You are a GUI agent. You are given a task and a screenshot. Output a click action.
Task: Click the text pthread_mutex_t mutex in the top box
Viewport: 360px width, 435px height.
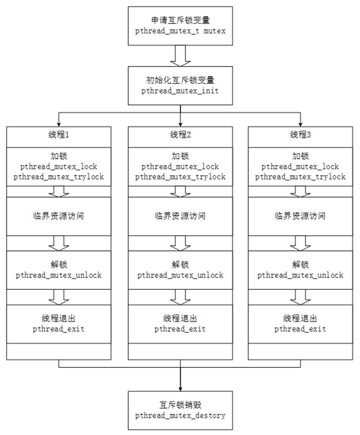pyautogui.click(x=180, y=31)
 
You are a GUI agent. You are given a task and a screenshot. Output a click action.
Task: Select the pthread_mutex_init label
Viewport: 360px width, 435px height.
pyautogui.click(x=180, y=91)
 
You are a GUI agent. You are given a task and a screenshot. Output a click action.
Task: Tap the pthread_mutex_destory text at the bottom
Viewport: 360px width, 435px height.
pyautogui.click(x=180, y=415)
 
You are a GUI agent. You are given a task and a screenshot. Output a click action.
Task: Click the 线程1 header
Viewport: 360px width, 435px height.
pyautogui.click(x=59, y=135)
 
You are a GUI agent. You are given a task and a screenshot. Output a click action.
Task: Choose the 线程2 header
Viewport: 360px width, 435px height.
pyautogui.click(x=180, y=135)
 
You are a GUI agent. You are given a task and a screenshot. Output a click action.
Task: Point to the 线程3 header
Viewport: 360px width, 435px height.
pyautogui.click(x=300, y=135)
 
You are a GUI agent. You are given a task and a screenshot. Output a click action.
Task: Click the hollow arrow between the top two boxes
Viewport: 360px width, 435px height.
pyautogui.click(x=180, y=56)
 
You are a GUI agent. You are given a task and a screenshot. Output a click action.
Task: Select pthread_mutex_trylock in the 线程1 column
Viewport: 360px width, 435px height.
pyautogui.click(x=59, y=177)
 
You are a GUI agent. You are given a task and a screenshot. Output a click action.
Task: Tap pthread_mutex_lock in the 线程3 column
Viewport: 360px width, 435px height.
pyautogui.click(x=300, y=167)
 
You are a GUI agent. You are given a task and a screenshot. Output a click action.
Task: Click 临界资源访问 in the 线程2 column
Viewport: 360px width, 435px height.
pyautogui.click(x=180, y=216)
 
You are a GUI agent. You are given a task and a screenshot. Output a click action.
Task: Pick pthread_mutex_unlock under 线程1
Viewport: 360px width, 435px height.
pyautogui.click(x=59, y=275)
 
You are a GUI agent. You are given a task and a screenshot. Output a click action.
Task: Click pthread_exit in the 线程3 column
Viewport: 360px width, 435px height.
pyautogui.click(x=300, y=329)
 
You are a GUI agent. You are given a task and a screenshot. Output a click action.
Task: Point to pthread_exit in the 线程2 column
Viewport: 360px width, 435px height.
pyautogui.click(x=180, y=329)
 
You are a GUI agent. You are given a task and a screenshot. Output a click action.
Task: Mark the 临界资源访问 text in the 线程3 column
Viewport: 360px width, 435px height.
pyautogui.click(x=300, y=216)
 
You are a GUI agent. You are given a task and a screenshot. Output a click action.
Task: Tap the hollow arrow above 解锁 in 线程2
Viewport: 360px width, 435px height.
pyautogui.click(x=180, y=243)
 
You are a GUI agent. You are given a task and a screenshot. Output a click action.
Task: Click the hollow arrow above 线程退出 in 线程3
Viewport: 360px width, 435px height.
pyautogui.click(x=300, y=297)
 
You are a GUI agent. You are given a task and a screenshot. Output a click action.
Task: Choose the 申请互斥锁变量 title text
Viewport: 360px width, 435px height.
pyautogui.click(x=180, y=21)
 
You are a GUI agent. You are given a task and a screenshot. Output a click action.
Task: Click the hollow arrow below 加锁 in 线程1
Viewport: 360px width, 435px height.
pyautogui.click(x=59, y=191)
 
